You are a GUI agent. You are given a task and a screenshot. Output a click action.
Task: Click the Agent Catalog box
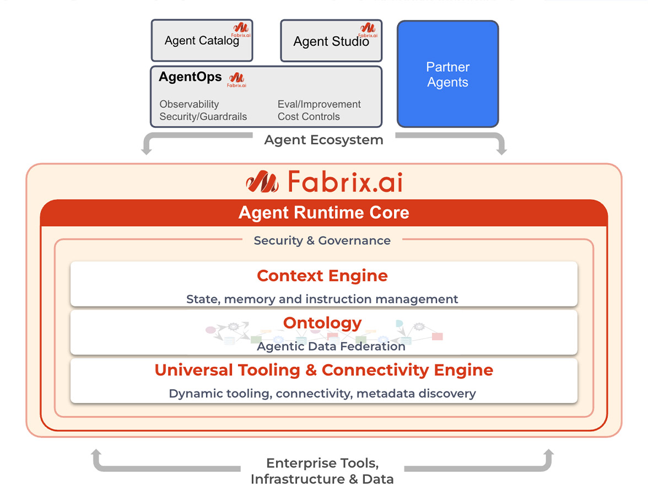coord(202,41)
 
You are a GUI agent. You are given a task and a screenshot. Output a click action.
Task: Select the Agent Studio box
coord(331,41)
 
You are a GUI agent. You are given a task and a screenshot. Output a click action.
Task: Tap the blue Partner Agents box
coord(447,74)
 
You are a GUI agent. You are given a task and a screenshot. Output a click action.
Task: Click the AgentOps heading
coord(190,77)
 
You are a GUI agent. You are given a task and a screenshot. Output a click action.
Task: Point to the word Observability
coord(189,104)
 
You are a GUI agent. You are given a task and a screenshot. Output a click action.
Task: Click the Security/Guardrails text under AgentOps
coord(203,116)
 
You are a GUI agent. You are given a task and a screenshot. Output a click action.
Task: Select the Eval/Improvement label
coord(319,104)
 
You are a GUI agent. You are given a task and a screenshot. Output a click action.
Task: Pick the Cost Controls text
coord(309,116)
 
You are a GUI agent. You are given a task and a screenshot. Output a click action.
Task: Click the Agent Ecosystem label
coord(323,140)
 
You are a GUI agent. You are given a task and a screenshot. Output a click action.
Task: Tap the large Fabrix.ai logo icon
coord(262,181)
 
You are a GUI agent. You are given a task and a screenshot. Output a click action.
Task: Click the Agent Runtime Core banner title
coord(323,213)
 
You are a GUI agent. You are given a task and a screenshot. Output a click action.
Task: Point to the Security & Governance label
coord(322,240)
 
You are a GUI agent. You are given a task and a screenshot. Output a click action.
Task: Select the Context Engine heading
coord(322,276)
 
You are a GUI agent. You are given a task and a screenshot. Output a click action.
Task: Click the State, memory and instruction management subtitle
coord(322,299)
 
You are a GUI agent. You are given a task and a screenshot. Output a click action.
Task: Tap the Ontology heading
coord(322,322)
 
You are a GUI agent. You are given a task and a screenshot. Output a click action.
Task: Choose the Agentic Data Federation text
coord(331,346)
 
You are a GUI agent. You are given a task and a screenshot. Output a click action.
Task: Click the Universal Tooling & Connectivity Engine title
coord(323,370)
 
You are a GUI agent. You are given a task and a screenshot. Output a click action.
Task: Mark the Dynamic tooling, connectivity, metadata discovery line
coord(322,394)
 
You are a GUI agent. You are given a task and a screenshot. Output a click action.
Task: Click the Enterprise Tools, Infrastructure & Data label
coord(322,471)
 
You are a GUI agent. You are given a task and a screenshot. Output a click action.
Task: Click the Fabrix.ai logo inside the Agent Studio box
coord(368,29)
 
